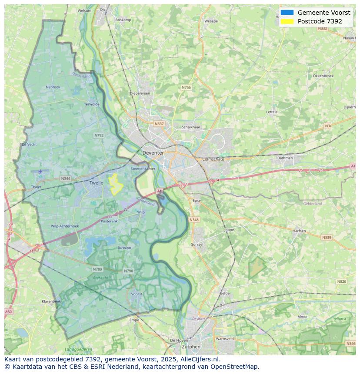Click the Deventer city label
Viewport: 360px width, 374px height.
153,153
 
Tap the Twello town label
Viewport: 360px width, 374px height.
97,183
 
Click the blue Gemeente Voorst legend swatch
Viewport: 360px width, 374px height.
287,13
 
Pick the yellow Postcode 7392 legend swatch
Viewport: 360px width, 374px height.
287,21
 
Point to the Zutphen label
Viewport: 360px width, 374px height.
191,347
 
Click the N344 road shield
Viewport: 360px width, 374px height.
66,179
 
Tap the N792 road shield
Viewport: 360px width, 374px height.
99,136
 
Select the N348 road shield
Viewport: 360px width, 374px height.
194,220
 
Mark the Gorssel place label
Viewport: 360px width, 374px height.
197,245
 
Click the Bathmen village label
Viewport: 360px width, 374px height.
285,158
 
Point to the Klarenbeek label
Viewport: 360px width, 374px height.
51,301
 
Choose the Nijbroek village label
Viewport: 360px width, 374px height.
53,87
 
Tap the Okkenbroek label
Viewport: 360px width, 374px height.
323,76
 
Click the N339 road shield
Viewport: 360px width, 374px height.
327,238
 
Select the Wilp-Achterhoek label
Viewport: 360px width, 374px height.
65,226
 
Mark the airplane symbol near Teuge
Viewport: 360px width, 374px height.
40,171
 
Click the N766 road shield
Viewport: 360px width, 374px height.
186,87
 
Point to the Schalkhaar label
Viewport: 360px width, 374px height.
191,127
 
